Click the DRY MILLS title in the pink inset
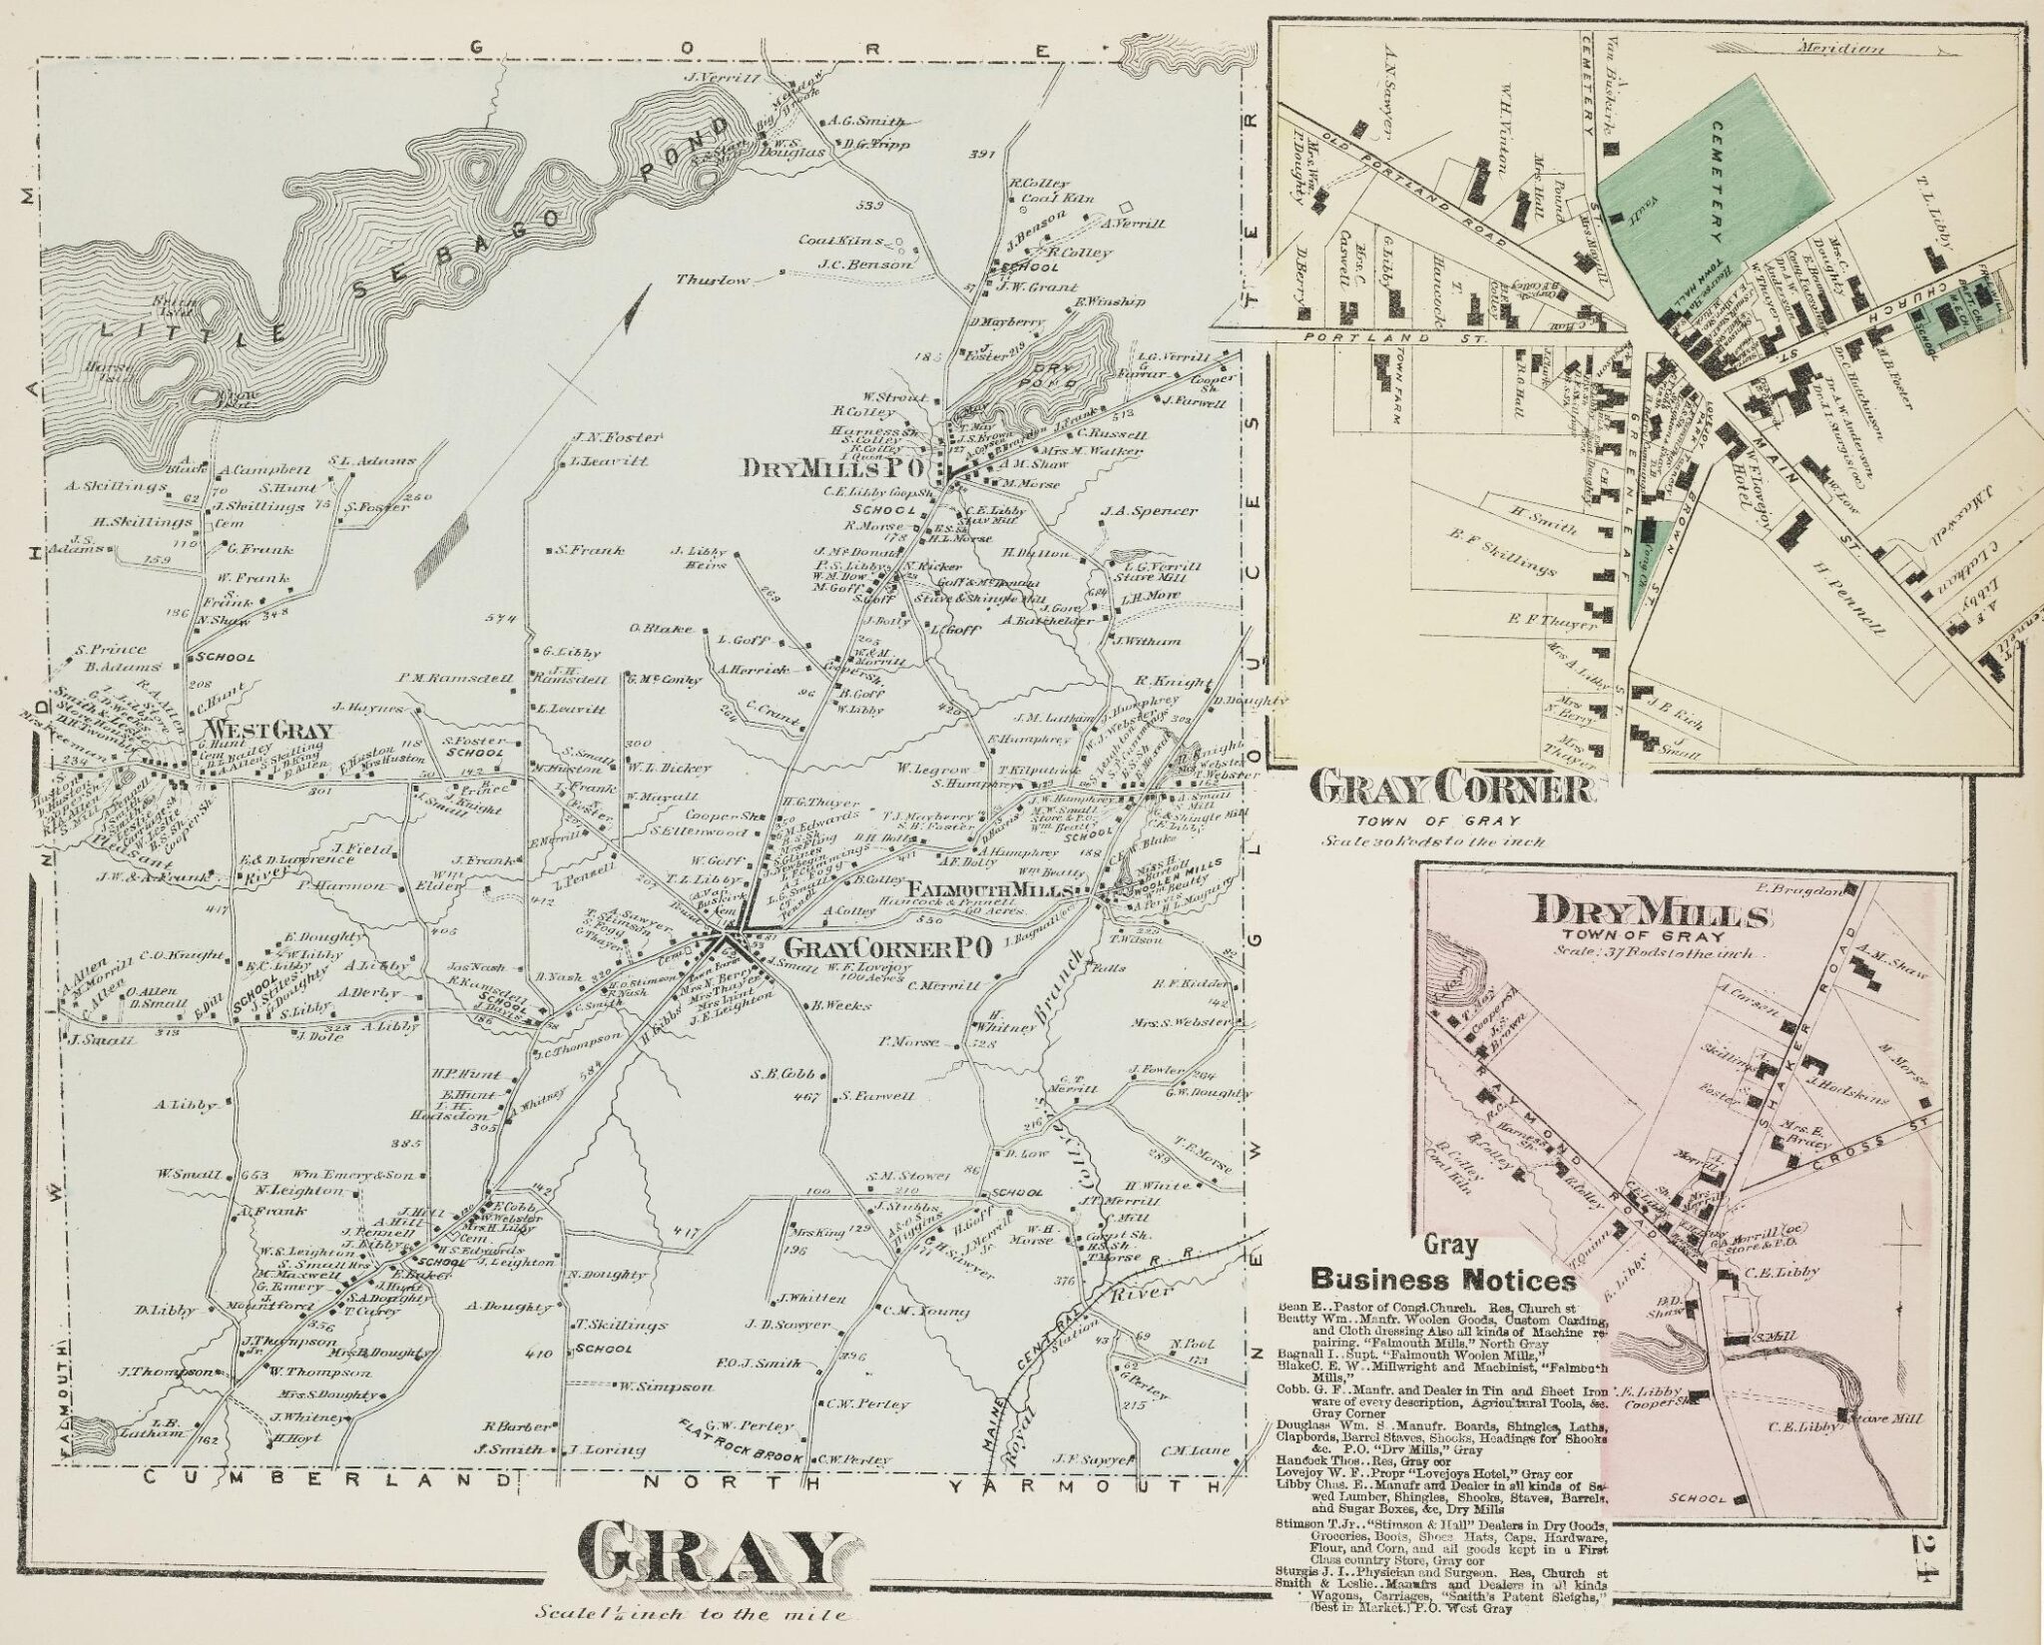click(1652, 913)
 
